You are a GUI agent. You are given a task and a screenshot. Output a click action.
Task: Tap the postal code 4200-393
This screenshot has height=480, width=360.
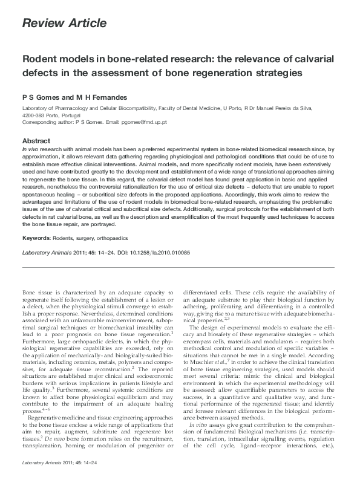34,115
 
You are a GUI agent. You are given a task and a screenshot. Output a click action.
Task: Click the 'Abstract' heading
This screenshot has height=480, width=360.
38,140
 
